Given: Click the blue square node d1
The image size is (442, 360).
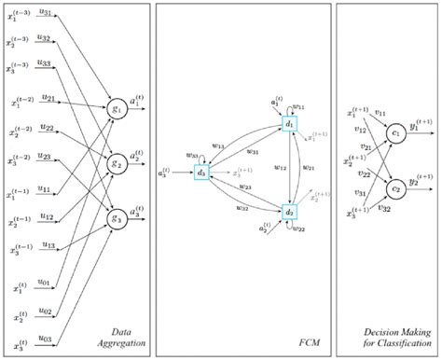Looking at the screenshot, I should [x=289, y=124].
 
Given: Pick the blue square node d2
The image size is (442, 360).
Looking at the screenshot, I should [x=289, y=213].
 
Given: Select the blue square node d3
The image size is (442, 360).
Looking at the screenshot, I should [x=200, y=172].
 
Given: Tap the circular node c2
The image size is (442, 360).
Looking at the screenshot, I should [x=395, y=188].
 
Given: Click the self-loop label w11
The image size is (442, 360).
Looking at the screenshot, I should [x=298, y=106].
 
